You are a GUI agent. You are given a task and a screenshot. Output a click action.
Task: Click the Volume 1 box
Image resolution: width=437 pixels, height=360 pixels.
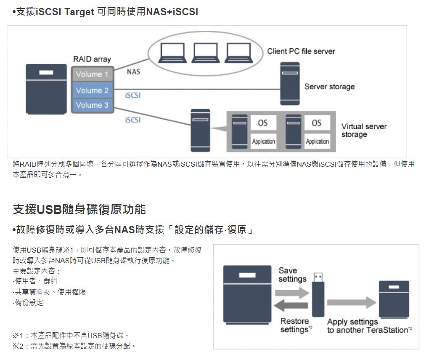click(93, 74)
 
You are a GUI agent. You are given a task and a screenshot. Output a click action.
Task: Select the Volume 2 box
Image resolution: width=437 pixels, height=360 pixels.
click(93, 90)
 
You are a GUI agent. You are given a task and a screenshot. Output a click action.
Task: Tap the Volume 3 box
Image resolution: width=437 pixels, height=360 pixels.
click(93, 105)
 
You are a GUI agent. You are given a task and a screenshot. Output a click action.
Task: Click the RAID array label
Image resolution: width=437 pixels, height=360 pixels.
click(92, 59)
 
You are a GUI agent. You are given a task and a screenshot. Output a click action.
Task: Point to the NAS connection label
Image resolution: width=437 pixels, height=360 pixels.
click(133, 72)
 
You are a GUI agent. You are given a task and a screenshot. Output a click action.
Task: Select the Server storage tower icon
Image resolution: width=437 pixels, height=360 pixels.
click(290, 84)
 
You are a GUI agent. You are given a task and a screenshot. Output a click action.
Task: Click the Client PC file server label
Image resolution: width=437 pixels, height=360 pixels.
click(301, 51)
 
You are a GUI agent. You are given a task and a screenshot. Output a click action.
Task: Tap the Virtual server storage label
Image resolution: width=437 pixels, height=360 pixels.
click(364, 131)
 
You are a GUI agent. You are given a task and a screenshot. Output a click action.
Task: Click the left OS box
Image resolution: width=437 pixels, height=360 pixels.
click(263, 123)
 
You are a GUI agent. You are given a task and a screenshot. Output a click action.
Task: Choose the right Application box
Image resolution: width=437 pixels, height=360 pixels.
click(318, 141)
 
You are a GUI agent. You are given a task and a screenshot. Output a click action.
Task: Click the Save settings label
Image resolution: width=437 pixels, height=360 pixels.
click(292, 275)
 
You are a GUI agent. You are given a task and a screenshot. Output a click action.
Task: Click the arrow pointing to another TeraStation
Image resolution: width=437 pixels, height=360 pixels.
click(352, 302)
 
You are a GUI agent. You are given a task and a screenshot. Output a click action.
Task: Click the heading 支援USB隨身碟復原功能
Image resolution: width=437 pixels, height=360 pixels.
click(79, 209)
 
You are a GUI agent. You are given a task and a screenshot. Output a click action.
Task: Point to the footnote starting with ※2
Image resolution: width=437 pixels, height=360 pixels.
click(75, 346)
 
